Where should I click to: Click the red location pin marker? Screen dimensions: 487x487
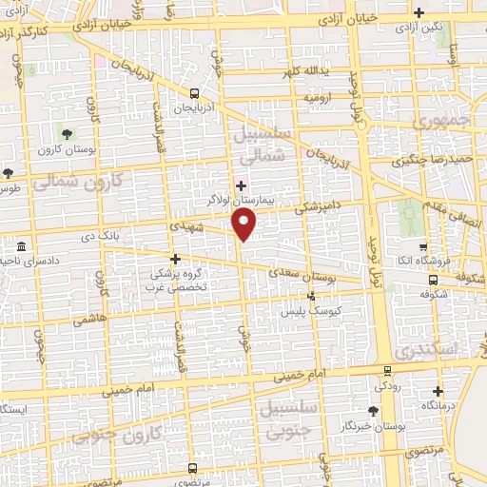pos(245,224)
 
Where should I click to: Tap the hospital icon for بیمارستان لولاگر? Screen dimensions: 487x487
pos(242,185)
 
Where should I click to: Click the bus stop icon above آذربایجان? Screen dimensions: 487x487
pos(194,93)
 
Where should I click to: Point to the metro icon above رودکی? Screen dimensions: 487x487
pos(388,371)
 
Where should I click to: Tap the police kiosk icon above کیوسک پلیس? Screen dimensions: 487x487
pos(311,297)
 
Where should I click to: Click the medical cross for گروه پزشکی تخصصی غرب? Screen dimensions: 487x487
pos(174,258)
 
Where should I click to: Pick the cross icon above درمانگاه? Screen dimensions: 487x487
pos(437,390)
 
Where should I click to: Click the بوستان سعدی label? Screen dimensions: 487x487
pos(312,276)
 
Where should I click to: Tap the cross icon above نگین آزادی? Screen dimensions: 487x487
pos(419,11)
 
